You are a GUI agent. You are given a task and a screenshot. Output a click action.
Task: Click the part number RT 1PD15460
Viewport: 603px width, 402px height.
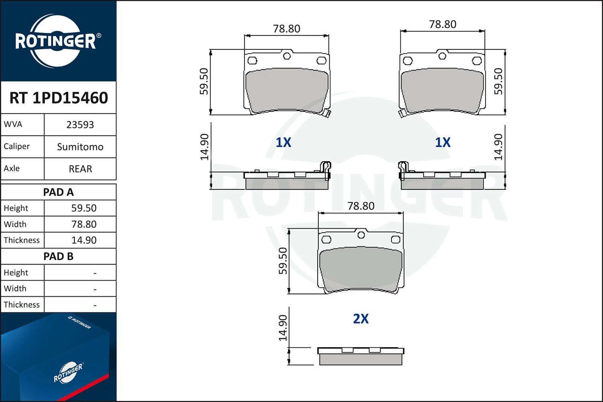point(59,98)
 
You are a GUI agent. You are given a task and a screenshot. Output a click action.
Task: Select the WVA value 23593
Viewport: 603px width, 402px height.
point(80,125)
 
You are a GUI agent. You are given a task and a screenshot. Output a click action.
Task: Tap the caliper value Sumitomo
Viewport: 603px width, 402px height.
point(80,147)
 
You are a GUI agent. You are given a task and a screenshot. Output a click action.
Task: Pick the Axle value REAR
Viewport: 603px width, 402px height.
point(80,169)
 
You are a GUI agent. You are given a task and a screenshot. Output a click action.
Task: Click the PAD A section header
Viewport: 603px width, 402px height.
point(58,192)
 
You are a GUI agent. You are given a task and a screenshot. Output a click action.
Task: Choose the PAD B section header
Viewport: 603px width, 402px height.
point(58,256)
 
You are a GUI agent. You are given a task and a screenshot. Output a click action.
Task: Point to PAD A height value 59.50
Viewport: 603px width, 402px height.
point(84,208)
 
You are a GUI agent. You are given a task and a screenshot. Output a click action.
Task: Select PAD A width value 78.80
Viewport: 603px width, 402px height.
point(84,224)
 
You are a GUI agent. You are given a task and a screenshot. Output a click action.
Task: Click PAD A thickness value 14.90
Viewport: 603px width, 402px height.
point(84,240)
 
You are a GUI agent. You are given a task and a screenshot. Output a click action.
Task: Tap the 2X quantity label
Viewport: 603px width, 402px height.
point(361,319)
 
